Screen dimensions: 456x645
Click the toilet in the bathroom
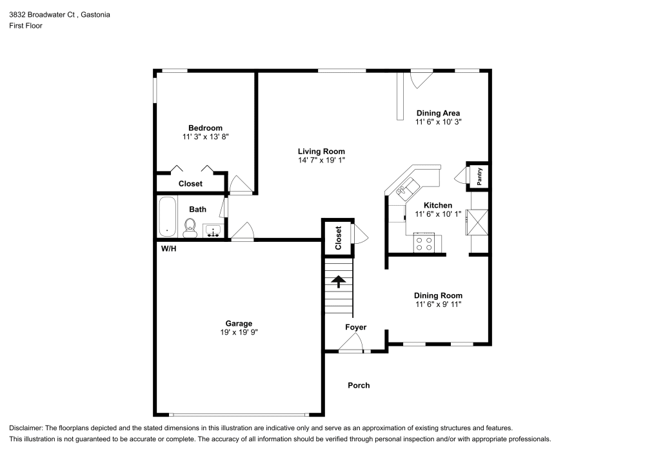click(x=190, y=226)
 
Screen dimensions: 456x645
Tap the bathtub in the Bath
click(x=168, y=218)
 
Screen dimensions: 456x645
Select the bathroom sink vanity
click(x=213, y=231)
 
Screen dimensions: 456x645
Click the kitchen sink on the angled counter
click(x=404, y=190)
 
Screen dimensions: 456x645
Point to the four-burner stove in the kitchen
click(x=424, y=243)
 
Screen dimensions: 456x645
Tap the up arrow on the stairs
click(x=337, y=281)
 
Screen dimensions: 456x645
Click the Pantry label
click(x=479, y=177)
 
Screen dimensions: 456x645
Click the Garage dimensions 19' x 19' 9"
click(x=239, y=332)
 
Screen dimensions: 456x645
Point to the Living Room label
click(x=321, y=152)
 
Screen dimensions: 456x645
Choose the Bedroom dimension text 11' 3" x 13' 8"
click(x=206, y=137)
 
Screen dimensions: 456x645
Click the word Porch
click(x=359, y=386)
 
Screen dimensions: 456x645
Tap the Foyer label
click(x=355, y=328)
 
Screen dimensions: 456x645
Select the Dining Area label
click(x=438, y=113)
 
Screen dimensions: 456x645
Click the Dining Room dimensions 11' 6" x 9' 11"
click(x=438, y=304)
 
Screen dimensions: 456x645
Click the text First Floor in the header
click(x=26, y=26)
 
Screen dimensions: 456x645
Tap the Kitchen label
click(x=438, y=206)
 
